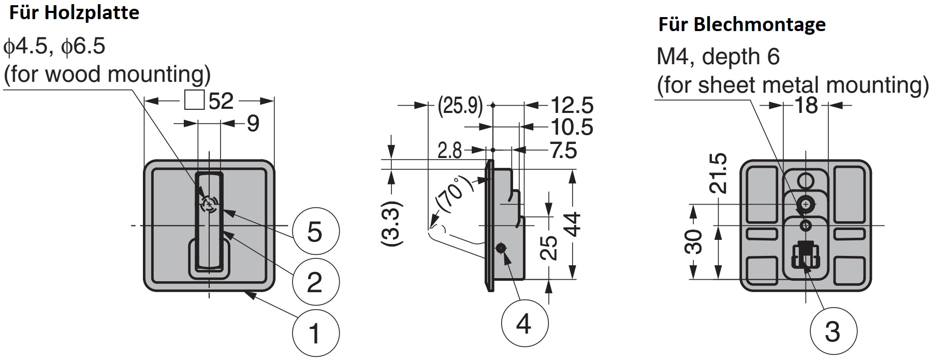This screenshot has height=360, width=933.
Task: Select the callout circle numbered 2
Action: tap(315, 282)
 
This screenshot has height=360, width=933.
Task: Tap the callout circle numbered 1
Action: tap(315, 333)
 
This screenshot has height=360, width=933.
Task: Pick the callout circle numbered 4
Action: tap(524, 325)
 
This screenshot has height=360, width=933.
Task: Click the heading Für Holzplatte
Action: tap(74, 13)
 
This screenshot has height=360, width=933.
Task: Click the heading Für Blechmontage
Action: tap(741, 24)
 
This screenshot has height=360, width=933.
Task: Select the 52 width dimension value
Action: tap(222, 101)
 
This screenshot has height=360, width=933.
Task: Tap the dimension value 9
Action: tap(253, 124)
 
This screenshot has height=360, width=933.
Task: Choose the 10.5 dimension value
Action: tap(572, 127)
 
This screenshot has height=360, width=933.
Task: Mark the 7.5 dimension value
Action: tap(563, 151)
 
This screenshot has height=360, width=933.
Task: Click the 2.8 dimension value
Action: tap(449, 151)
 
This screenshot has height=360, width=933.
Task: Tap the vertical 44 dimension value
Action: tap(573, 224)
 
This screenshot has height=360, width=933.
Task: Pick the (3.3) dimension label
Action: tap(392, 224)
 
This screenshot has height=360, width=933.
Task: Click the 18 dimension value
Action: tap(806, 106)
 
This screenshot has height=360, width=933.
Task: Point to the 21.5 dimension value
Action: tap(719, 173)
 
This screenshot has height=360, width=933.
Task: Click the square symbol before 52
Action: tap(194, 100)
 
